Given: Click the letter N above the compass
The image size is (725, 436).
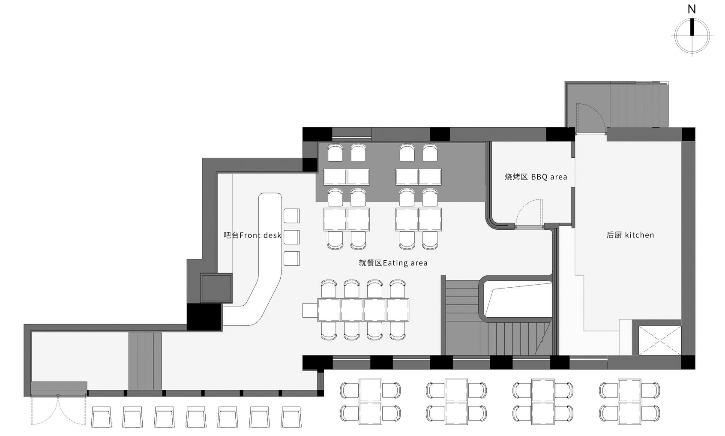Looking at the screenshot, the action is [x=692, y=9].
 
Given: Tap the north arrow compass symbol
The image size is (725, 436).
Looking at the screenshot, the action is [x=692, y=36].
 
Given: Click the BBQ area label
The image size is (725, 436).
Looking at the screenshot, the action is [x=536, y=177].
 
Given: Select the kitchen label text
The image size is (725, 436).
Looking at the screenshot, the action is [x=630, y=235].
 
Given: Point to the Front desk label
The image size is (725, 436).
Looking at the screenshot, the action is [x=252, y=235].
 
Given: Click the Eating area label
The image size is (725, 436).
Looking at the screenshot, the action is [x=393, y=263].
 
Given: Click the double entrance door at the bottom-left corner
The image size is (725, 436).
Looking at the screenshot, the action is [x=58, y=409].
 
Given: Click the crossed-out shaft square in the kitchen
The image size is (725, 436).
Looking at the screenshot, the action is [x=659, y=340].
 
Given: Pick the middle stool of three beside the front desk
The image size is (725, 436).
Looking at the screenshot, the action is [x=292, y=237].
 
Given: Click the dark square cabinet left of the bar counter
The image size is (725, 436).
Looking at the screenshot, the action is [x=216, y=288].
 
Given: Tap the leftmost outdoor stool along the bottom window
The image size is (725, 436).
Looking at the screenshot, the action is [x=101, y=417].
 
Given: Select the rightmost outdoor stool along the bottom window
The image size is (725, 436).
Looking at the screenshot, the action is [x=291, y=417].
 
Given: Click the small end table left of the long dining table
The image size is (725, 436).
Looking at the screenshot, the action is [x=310, y=310].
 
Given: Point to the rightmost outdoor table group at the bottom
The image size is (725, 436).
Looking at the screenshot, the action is [x=629, y=402].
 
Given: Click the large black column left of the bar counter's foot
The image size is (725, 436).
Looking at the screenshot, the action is [x=204, y=317].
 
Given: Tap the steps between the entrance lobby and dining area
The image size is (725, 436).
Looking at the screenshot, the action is [x=145, y=361].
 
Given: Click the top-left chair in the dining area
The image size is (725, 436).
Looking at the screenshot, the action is [x=335, y=153].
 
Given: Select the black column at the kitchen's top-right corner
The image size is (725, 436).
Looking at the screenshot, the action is [x=689, y=134].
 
